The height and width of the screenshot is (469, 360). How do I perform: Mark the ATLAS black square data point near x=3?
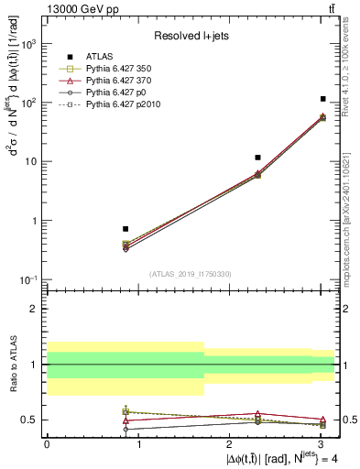tap(323, 99)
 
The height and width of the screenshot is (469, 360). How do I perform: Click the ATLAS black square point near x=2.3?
tap(258, 158)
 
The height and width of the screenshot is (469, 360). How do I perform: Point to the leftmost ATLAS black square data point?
tap(125, 229)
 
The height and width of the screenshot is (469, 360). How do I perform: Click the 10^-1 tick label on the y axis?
tap(29, 279)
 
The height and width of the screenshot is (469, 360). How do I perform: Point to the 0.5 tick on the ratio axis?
tap(31, 420)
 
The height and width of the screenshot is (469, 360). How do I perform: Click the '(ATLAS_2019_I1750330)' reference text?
tap(190, 273)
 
